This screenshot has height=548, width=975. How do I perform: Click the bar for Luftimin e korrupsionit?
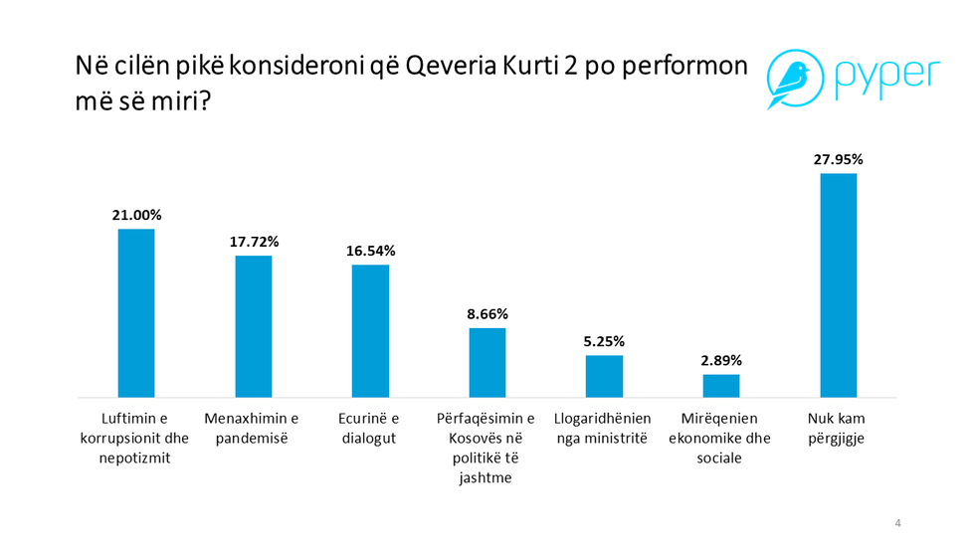(x=136, y=313)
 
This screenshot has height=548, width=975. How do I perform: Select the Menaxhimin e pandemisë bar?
(x=254, y=326)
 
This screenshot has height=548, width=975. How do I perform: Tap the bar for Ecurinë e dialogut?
(x=370, y=331)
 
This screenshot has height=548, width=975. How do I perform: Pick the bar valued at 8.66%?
(x=487, y=362)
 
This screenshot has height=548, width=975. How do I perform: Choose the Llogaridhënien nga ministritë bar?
(x=604, y=376)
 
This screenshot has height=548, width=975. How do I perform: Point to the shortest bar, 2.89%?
(x=721, y=386)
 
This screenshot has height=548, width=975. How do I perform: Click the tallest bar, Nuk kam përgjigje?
(x=838, y=285)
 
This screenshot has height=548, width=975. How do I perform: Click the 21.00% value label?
(x=136, y=215)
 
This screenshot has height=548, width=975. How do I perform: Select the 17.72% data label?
(x=254, y=242)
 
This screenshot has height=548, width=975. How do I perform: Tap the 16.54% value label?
(x=370, y=251)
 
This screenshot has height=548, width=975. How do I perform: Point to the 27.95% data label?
(x=838, y=159)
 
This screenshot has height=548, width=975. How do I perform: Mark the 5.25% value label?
(x=604, y=341)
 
